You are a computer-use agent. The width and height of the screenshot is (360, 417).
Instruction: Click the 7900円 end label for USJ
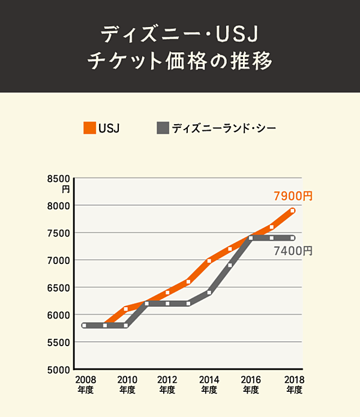(293, 196)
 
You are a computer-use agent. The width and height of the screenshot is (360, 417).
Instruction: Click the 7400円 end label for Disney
(293, 251)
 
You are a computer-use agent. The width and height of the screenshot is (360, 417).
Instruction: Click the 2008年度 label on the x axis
(85, 385)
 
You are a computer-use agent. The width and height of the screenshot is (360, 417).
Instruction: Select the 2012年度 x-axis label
(167, 385)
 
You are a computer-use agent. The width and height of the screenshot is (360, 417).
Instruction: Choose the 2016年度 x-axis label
(250, 385)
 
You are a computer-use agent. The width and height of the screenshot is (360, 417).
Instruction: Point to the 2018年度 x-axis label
(293, 385)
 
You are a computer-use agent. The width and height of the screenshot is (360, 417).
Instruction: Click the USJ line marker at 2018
(292, 211)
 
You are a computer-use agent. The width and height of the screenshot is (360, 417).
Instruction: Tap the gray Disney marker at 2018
(292, 238)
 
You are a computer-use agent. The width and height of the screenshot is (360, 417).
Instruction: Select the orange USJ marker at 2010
(126, 309)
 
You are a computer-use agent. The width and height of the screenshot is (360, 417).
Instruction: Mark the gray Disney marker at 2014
(209, 293)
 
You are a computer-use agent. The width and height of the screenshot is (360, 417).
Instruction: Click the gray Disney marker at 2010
(126, 325)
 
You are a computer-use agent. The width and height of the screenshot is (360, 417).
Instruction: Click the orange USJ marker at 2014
(209, 260)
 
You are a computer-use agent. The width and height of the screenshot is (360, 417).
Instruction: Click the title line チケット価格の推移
(180, 62)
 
